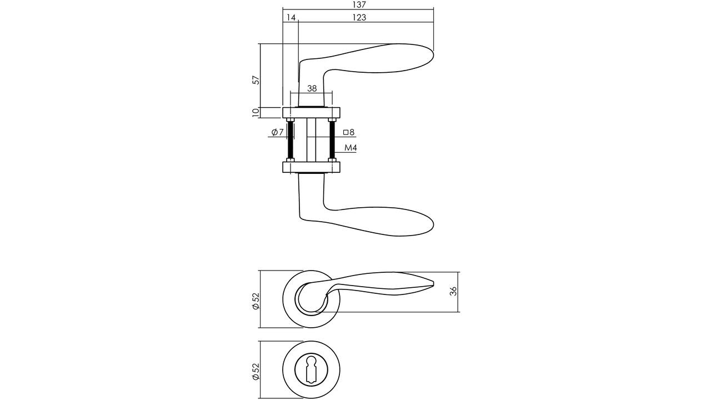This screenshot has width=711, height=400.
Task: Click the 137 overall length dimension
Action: tap(359, 5)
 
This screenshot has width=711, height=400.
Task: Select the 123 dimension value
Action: tap(359, 17)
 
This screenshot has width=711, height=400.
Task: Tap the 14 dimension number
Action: tap(291, 17)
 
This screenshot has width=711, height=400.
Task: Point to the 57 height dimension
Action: tap(256, 80)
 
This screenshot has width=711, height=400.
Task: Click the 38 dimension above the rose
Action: tap(312, 88)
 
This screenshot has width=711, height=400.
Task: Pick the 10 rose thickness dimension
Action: tap(256, 113)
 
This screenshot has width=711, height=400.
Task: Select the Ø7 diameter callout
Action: tap(277, 132)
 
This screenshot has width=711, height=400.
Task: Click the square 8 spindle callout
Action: tap(349, 132)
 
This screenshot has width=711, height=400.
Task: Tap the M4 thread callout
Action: tap(351, 148)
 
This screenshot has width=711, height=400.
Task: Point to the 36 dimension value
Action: tap(454, 291)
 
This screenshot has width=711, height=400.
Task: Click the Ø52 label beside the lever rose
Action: tap(256, 301)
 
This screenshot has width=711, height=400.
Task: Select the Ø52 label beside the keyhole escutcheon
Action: tap(256, 372)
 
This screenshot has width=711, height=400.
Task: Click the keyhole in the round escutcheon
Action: tap(311, 369)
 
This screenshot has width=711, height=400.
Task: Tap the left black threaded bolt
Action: tap(290, 140)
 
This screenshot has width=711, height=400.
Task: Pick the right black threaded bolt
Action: tap(332, 140)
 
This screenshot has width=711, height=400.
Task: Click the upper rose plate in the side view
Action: tap(311, 113)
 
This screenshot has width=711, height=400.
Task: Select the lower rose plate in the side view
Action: tap(311, 167)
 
